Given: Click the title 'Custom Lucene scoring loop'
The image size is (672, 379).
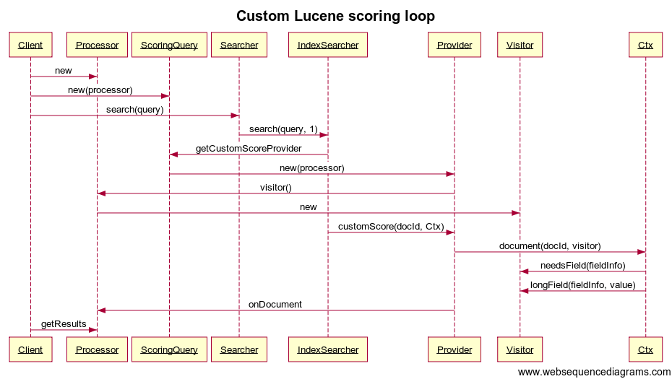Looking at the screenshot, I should click(x=335, y=16).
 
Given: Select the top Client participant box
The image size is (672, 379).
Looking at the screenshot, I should click(x=30, y=45).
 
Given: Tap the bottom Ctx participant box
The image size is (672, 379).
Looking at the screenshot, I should click(x=645, y=349).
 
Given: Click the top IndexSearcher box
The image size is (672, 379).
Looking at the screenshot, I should click(x=327, y=45).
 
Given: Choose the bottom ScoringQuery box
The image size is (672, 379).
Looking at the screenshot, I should click(x=169, y=349).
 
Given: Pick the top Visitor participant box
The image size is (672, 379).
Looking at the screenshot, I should click(x=520, y=45).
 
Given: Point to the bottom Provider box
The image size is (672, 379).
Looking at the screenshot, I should click(x=454, y=349).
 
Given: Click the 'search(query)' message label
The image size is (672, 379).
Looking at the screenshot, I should click(x=134, y=110).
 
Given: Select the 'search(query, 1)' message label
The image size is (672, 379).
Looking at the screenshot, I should click(x=283, y=129).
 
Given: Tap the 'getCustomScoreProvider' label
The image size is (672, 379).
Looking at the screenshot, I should click(x=249, y=149).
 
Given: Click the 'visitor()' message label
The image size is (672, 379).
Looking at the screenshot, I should click(x=275, y=188).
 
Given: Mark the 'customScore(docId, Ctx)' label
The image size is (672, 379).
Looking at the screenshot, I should click(x=391, y=227).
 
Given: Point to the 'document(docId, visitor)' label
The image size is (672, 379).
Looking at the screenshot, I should click(x=549, y=246).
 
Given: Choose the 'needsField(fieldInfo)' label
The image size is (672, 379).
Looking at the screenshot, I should click(x=582, y=266).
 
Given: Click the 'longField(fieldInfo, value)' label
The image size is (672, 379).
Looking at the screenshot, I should click(x=582, y=285).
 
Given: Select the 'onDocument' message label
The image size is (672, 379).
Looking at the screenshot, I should click(x=275, y=305).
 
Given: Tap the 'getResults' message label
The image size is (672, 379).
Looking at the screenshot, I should click(x=64, y=324).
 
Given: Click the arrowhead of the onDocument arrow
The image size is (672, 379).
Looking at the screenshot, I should click(x=102, y=310).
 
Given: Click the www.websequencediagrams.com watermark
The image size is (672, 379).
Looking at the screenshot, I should click(x=594, y=372).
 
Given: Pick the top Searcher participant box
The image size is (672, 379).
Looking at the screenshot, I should click(x=238, y=45).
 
